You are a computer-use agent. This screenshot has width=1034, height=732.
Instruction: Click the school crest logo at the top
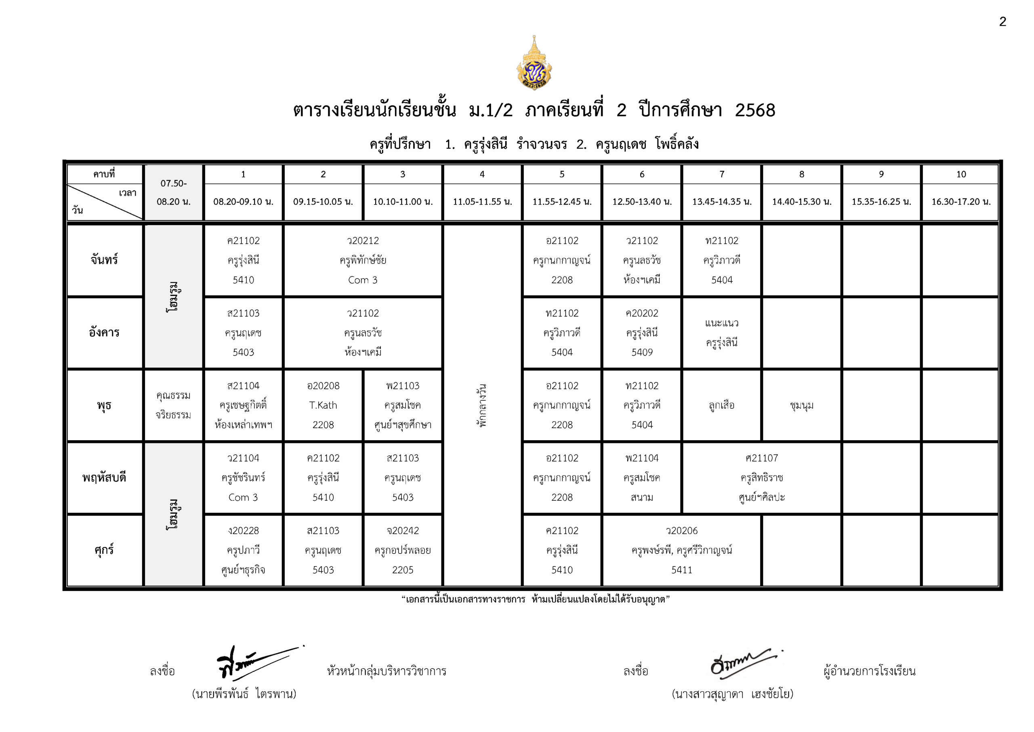point(534,63)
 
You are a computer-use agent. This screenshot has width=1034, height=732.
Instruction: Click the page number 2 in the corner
point(1002,22)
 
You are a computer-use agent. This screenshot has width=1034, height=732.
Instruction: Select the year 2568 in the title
point(755,110)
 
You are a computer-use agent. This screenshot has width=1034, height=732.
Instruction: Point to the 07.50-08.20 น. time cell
point(173,192)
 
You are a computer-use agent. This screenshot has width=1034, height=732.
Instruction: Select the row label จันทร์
point(104,260)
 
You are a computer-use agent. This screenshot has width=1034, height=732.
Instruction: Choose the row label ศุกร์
point(104,550)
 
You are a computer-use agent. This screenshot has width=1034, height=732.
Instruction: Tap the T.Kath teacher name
point(323,405)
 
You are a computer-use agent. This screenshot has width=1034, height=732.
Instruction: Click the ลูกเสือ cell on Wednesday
point(721,405)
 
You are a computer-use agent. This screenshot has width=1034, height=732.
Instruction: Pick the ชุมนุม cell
point(802,405)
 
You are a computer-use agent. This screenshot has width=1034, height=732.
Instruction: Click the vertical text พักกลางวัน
point(482,405)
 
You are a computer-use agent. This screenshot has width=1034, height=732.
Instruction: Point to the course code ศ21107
point(761,458)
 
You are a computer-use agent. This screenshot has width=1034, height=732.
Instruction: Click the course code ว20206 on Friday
point(681,531)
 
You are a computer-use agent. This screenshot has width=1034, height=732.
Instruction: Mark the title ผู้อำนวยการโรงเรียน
point(869,671)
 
